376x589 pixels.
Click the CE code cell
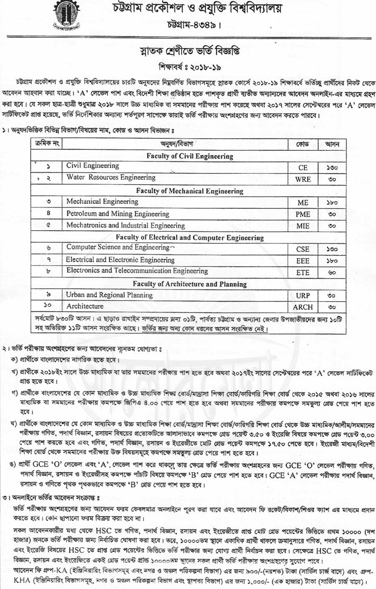[303, 168]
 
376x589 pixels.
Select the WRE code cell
[303, 179]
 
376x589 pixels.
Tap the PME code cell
[303, 214]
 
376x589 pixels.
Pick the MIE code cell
[303, 226]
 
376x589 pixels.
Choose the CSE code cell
[303, 249]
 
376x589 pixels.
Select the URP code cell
[303, 295]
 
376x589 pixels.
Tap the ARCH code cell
[303, 307]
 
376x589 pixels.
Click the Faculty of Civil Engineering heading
[190, 156]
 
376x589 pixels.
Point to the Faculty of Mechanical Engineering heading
[190, 191]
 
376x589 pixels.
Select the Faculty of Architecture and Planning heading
[190, 284]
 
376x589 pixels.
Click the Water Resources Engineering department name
[111, 177]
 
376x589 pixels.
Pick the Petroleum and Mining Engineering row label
[117, 213]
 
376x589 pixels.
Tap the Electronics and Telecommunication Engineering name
[137, 271]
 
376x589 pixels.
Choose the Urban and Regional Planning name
[109, 295]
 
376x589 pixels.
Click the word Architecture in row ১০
[85, 306]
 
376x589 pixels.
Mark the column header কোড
[302, 145]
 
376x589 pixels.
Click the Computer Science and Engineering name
[118, 247]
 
